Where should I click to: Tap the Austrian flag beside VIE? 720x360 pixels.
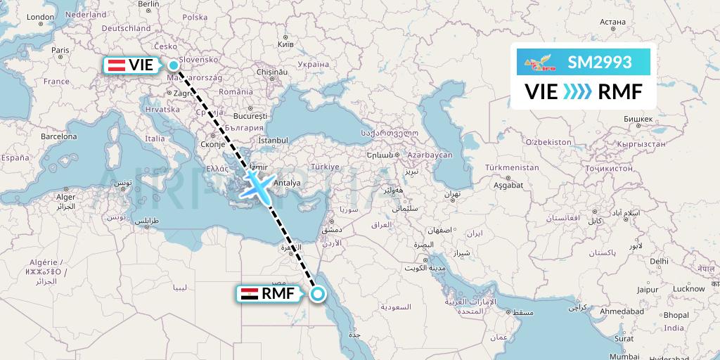pos(116,65)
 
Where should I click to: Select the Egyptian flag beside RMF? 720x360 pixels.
pos(249,295)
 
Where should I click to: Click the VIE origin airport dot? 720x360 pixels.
pos(173,65)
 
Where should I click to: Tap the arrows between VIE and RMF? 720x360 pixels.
pos(578,91)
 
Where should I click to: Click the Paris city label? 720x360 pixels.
pos(60,50)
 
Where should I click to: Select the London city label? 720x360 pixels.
pos(39,17)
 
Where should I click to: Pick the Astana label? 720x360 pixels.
pos(613,21)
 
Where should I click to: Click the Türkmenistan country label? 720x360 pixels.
pos(512,168)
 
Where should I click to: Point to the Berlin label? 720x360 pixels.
pos(149,4)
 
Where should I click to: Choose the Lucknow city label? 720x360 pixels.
pos(688,289)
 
